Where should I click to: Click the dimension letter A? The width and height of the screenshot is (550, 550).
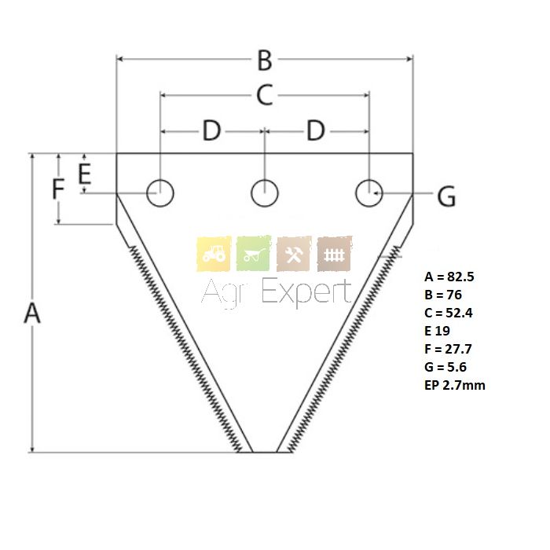click(x=31, y=313)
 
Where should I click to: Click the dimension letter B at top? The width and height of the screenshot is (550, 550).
click(x=265, y=60)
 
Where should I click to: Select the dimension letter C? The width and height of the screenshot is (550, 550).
click(x=265, y=96)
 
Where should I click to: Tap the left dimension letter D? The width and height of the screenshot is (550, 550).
click(x=211, y=131)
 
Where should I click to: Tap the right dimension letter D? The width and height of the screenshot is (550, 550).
click(x=315, y=131)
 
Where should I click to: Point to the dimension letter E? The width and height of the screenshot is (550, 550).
click(x=85, y=173)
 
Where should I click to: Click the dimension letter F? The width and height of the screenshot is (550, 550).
click(x=57, y=191)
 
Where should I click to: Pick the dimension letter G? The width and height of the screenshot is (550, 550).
click(x=446, y=197)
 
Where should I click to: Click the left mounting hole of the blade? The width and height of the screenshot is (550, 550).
click(x=160, y=192)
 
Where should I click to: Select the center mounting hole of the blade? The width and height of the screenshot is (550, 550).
click(x=265, y=192)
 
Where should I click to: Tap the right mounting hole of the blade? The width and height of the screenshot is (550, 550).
click(x=368, y=192)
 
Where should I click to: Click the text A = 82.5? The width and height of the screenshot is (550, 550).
click(x=450, y=277)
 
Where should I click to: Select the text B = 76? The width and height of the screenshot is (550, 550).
click(x=443, y=295)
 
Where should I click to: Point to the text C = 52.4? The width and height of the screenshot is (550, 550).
click(x=449, y=313)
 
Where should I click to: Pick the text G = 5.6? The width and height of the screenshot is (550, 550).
click(x=446, y=367)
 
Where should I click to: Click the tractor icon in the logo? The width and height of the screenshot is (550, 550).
click(x=214, y=254)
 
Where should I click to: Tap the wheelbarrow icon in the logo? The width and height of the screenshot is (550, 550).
click(x=254, y=254)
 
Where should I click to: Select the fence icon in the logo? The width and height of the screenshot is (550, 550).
click(x=335, y=254)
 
